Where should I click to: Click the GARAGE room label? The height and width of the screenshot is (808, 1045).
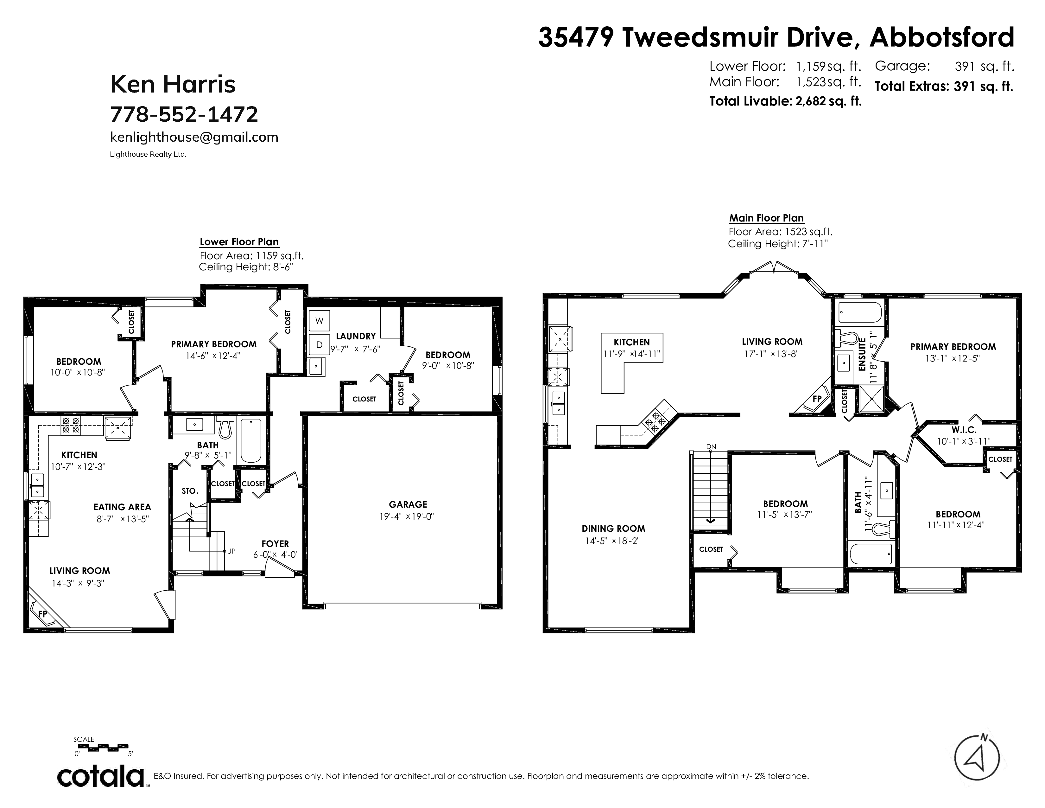tap(408, 504)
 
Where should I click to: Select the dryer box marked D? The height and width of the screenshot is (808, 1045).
tap(319, 345)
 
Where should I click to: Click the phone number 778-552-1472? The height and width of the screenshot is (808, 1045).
tap(184, 114)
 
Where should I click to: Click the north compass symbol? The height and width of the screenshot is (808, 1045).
tap(977, 770)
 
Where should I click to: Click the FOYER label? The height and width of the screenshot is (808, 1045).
tap(275, 544)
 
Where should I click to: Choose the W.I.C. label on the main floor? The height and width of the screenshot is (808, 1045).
tap(964, 430)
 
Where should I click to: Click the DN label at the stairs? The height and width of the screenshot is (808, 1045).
tap(711, 446)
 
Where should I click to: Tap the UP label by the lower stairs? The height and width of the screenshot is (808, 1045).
tap(231, 551)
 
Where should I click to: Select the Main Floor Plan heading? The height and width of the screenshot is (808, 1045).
tap(766, 218)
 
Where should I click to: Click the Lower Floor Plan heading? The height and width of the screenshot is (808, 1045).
tap(239, 242)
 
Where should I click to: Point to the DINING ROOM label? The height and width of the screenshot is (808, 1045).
tap(613, 529)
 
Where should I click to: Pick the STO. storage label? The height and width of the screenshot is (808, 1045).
tap(190, 491)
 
